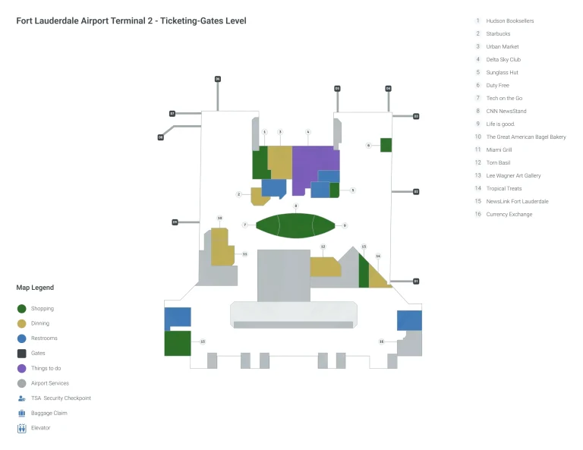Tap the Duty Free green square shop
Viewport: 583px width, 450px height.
(386, 145)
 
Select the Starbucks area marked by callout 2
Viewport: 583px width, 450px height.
(260, 197)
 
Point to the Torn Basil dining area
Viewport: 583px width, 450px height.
(324, 266)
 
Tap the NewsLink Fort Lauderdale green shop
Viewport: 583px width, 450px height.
(177, 342)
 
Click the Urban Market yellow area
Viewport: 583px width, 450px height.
(279, 161)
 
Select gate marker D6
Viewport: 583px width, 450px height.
(217, 79)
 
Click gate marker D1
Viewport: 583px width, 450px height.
(416, 282)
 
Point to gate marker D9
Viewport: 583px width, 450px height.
(175, 222)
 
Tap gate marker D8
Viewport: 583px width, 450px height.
(161, 137)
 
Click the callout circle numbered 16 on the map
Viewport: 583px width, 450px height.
(381, 341)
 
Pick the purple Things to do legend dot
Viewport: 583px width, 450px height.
(21, 368)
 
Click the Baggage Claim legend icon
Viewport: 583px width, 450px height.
(21, 413)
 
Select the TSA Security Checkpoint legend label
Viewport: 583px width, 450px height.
(61, 398)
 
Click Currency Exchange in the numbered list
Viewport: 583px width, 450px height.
(509, 214)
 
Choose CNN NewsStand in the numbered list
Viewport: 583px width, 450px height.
(506, 111)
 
